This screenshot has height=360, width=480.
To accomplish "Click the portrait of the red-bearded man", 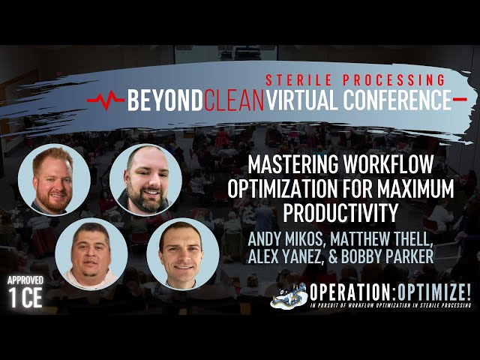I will (x=53, y=181).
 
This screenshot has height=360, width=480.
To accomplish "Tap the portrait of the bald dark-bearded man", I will (x=145, y=181).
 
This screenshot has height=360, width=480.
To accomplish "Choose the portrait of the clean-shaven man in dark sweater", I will (x=182, y=253).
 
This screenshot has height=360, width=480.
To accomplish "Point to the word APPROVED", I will (x=26, y=280).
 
